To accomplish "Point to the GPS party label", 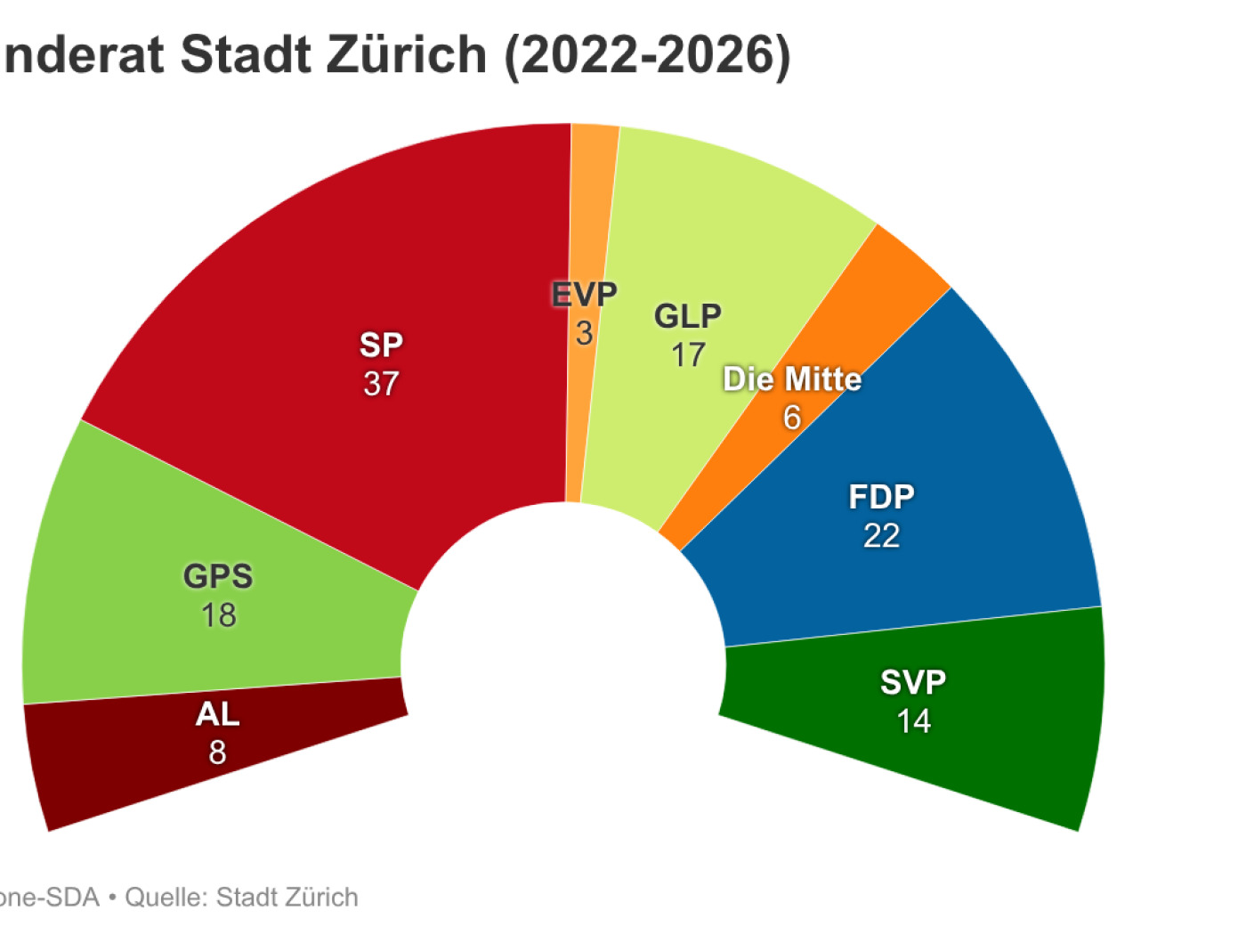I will pos(218,576).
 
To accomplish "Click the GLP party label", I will pos(687,316).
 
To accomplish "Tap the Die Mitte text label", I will pos(792,379).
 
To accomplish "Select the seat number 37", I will pos(381,384).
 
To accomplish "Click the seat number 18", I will pos(218,615).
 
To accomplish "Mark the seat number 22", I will pos(881,536).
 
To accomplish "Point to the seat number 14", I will pos(913,721).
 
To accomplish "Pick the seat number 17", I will pos(688,355).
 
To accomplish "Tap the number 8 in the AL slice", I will pos(217,753).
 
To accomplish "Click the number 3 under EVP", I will pos(584,334).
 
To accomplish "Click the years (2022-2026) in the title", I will pos(648,55).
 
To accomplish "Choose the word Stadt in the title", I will pos(247,55).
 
